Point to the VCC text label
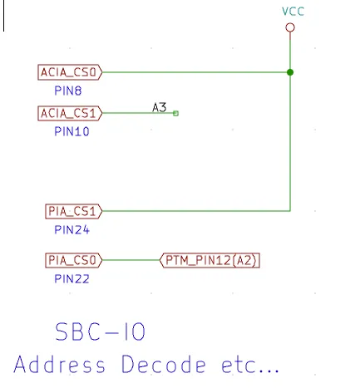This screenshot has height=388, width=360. [x=293, y=12]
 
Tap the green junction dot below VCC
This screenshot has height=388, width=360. [x=290, y=72]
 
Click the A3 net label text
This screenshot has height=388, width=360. [x=160, y=107]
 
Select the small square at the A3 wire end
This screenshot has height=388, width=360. [x=175, y=113]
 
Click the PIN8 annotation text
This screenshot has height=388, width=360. [x=68, y=91]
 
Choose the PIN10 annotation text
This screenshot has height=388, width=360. [x=72, y=131]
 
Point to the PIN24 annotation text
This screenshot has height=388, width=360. [x=72, y=230]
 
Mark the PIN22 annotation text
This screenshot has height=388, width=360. [x=72, y=279]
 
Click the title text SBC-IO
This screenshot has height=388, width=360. [x=100, y=332]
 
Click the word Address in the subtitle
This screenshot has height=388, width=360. [x=60, y=364]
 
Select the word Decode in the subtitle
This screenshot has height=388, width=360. [x=164, y=364]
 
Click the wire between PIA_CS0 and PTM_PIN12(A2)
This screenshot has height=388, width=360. [x=131, y=260]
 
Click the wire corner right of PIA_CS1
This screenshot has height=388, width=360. [x=290, y=211]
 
